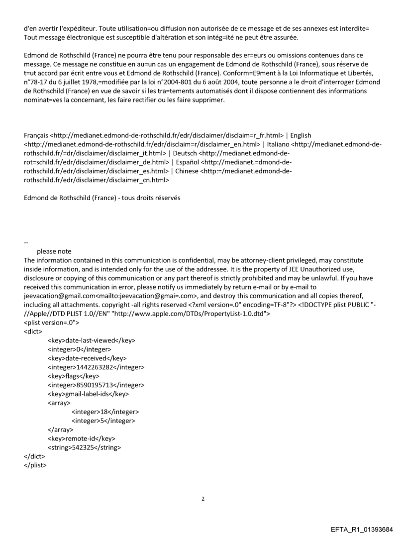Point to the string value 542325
click(91, 447)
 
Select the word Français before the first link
click(36, 135)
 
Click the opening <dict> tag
click(33, 331)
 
